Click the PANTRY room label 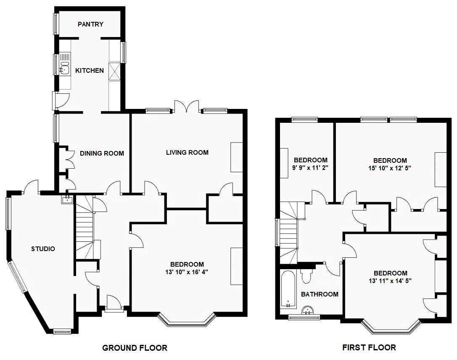90,24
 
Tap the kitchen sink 65,69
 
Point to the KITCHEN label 90,71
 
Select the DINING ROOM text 102,154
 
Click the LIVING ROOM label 187,153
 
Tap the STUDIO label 43,249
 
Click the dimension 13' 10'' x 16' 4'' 187,272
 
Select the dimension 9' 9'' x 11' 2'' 310,168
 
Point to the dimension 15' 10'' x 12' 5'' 390,168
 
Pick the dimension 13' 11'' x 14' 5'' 390,281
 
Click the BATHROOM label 320,294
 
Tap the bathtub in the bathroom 288,289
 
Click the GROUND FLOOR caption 135,348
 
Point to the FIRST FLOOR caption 369,347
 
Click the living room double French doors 187,106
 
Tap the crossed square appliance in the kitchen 114,71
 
